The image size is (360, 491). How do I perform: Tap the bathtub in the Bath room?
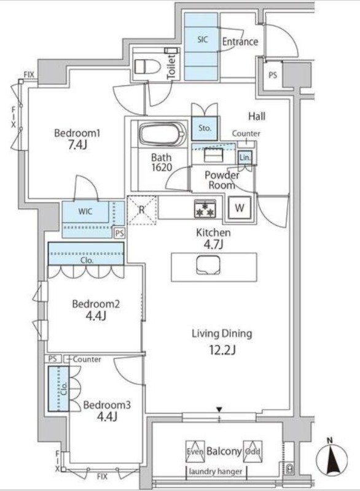coord(162,134)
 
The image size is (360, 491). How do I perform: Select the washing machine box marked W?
coord(239,207)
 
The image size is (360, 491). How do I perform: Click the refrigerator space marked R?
coord(142,209)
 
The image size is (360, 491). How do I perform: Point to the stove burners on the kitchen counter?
coord(204,208)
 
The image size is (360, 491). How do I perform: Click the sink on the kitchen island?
coord(205,265)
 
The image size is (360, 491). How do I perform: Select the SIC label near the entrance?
coord(203,39)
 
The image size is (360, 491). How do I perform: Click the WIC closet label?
coord(85,212)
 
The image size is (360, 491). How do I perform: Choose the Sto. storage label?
coord(205,128)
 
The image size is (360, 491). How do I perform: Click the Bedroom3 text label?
coord(106,404)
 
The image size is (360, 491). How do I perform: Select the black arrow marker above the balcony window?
coord(219,409)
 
